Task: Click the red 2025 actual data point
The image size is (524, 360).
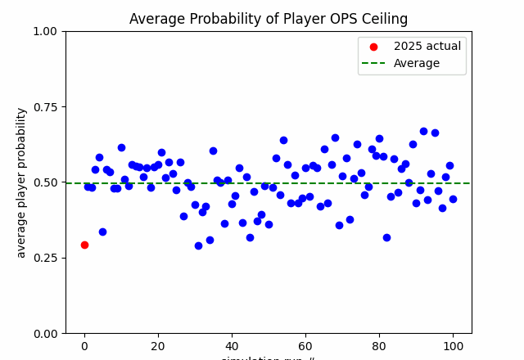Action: pyautogui.click(x=84, y=245)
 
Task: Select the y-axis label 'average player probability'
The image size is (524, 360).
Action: pyautogui.click(x=21, y=182)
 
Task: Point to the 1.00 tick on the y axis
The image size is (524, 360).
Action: pyautogui.click(x=46, y=31)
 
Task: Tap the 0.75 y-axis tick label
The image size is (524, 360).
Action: pyautogui.click(x=46, y=106)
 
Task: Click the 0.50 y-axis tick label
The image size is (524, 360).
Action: pyautogui.click(x=46, y=182)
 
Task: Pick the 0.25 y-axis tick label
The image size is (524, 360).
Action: pyautogui.click(x=46, y=258)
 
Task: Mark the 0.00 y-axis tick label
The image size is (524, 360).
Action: pyautogui.click(x=46, y=333)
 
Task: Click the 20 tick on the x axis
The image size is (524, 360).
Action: pyautogui.click(x=158, y=346)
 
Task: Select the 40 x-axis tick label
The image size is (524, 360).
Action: pyautogui.click(x=232, y=346)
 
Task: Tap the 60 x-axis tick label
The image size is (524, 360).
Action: pyautogui.click(x=305, y=346)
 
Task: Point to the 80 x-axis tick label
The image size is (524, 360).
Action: pyautogui.click(x=379, y=346)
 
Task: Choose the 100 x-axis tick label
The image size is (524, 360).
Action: pyautogui.click(x=453, y=346)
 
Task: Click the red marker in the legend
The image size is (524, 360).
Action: pyautogui.click(x=374, y=47)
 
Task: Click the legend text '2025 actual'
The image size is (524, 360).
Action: pyautogui.click(x=427, y=47)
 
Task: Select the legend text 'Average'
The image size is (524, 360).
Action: pyautogui.click(x=416, y=63)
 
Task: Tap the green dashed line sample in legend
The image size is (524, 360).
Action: pyautogui.click(x=374, y=63)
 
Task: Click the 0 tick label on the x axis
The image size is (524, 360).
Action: pyautogui.click(x=84, y=346)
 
